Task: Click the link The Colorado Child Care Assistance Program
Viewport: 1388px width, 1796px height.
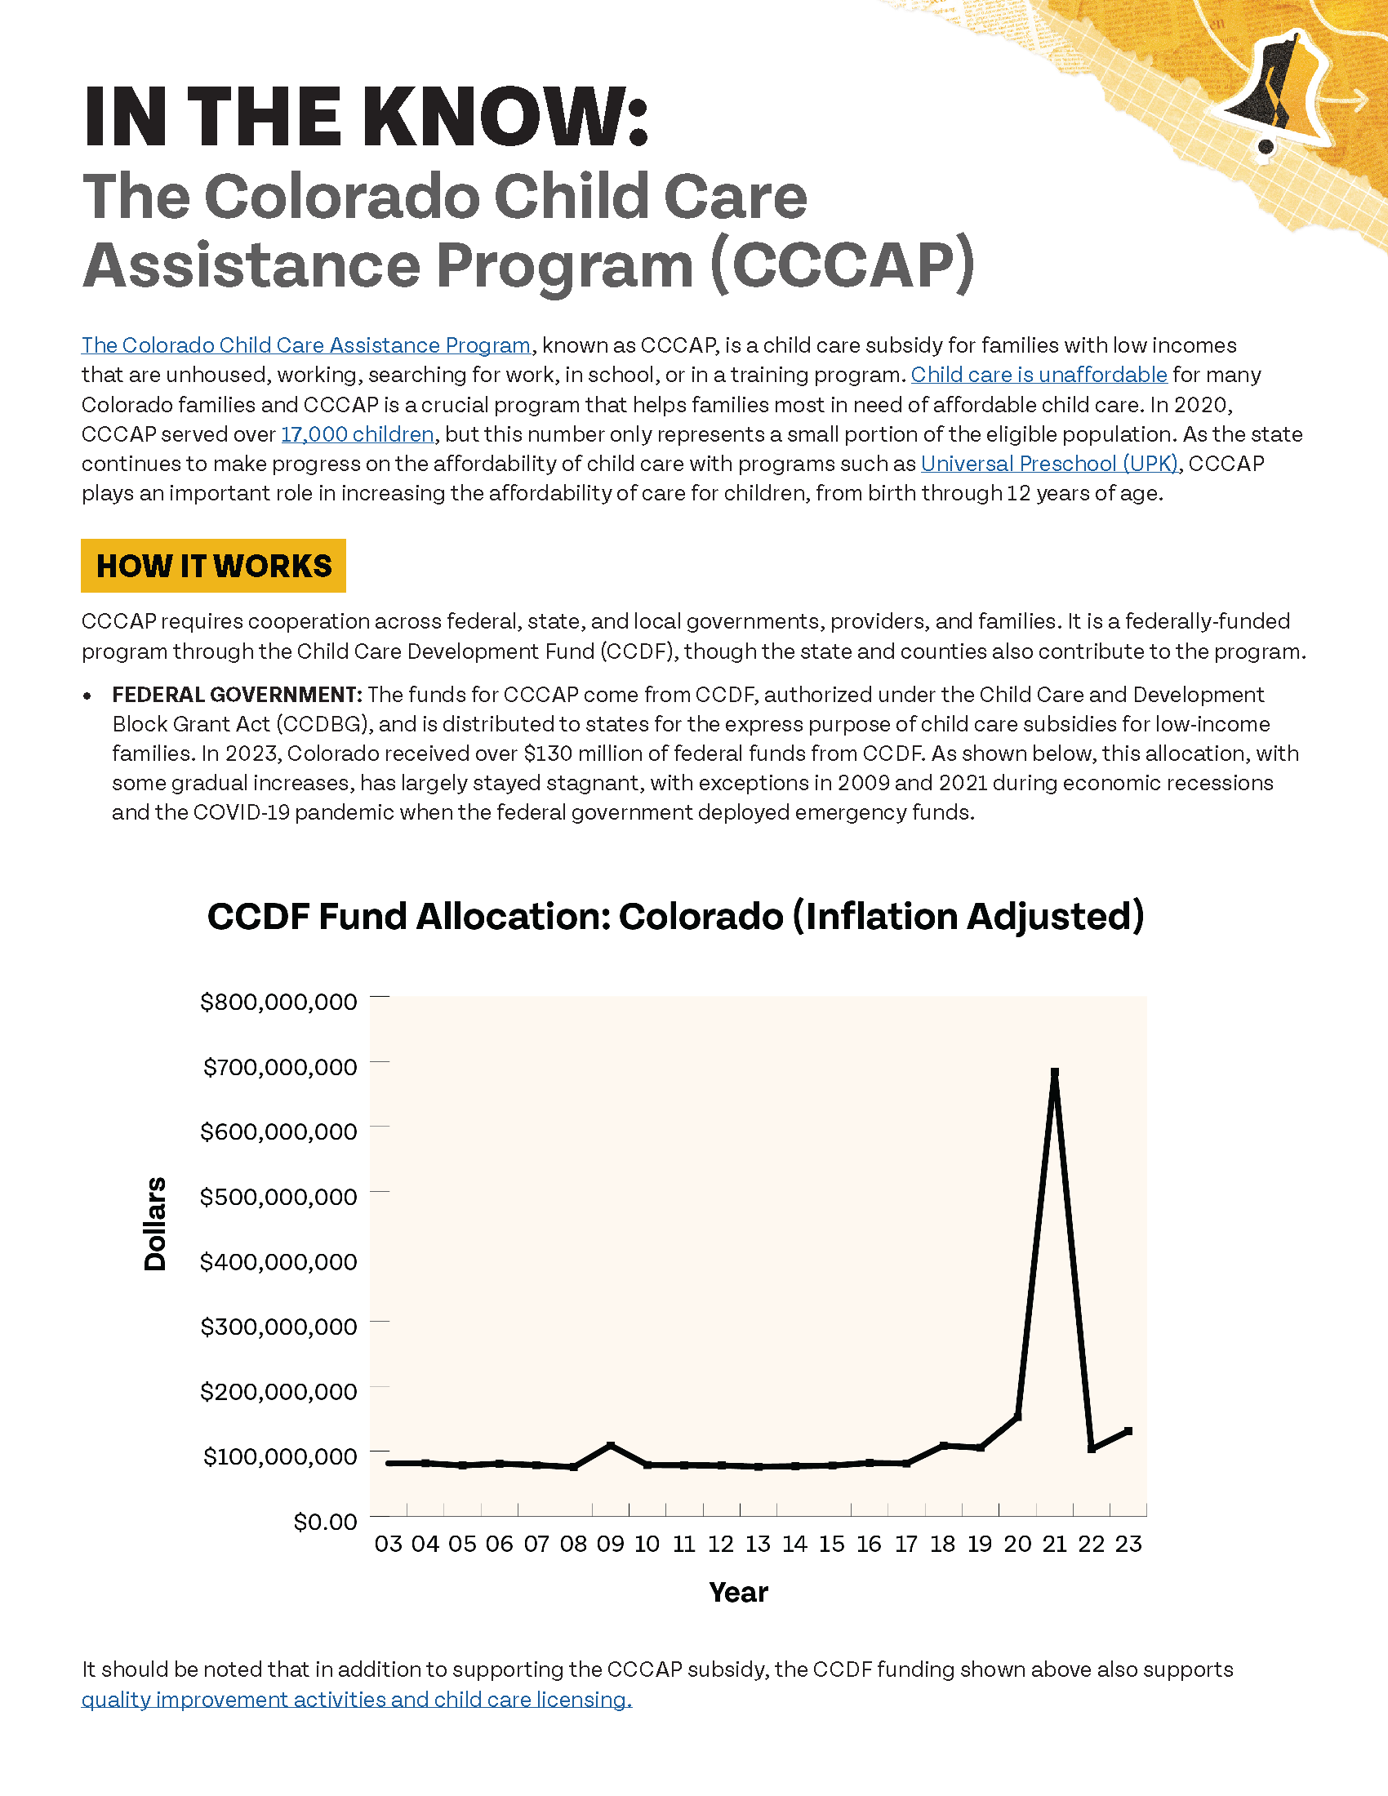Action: point(306,345)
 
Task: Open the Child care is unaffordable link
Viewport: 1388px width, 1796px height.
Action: point(1039,375)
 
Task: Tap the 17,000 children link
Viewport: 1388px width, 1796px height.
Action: point(358,434)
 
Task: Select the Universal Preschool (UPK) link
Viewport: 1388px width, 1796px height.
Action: point(1050,464)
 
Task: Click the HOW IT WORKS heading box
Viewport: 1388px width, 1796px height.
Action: point(214,566)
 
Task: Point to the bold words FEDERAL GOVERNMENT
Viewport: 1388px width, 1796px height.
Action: point(237,695)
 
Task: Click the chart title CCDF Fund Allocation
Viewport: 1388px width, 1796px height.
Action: point(675,916)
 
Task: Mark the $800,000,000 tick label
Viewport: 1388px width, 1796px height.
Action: point(278,1002)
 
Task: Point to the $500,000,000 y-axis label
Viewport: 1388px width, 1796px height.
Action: point(278,1197)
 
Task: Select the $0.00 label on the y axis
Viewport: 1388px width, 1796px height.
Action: point(326,1523)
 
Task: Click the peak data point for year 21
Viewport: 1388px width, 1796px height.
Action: point(1055,1073)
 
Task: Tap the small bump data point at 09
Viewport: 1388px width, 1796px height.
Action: point(610,1446)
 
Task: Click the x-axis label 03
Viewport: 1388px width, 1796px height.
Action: point(388,1545)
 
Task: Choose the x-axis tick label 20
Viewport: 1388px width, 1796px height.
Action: point(1017,1545)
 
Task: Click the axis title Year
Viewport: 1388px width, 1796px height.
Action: point(738,1593)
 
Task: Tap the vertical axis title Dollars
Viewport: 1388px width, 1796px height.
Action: point(154,1224)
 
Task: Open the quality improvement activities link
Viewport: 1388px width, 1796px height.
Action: point(357,1700)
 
